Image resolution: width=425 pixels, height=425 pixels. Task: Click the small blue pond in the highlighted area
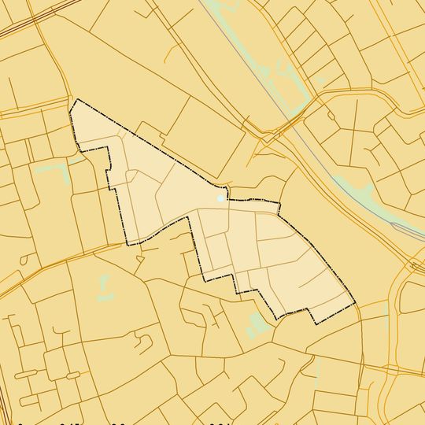220,198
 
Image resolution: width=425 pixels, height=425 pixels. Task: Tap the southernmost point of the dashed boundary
315,323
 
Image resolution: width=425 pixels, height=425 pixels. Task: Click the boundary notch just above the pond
227,189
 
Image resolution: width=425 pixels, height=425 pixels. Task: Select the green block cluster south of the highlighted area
256,323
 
